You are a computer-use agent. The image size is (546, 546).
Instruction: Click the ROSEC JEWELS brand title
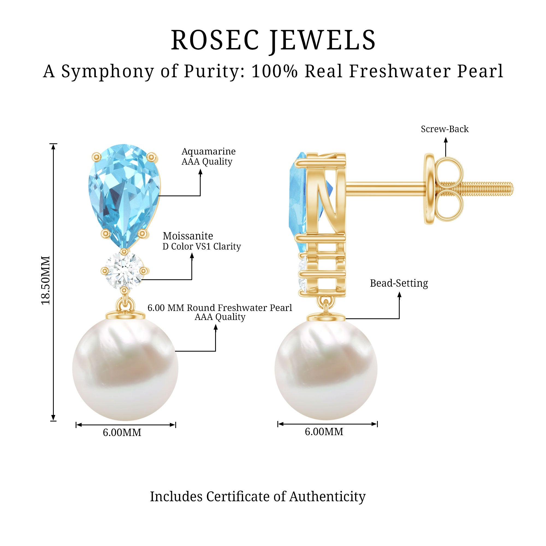point(273,40)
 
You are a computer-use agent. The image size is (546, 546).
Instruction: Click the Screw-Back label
point(444,129)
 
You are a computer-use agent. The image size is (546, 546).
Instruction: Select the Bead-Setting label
point(399,283)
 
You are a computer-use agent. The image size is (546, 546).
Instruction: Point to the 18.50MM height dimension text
point(46,280)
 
